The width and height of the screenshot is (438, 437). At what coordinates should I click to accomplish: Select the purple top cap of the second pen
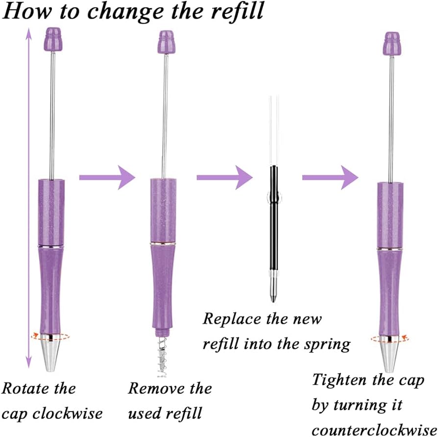pyautogui.click(x=165, y=40)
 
